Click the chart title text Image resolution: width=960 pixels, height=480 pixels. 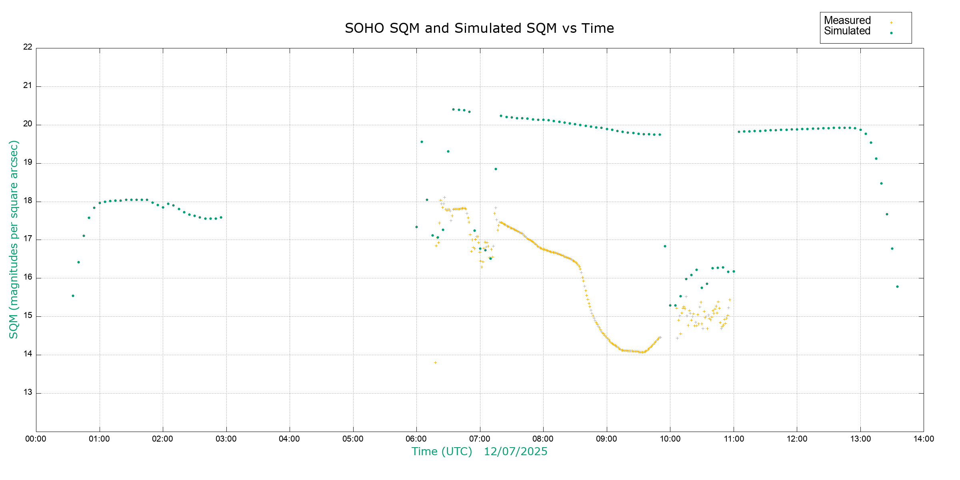click(x=479, y=28)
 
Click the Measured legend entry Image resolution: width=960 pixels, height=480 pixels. click(x=847, y=20)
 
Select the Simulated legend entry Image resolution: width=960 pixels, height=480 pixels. click(x=847, y=31)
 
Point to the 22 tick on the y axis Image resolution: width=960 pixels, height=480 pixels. click(x=28, y=47)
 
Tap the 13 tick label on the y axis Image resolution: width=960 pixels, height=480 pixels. click(x=28, y=392)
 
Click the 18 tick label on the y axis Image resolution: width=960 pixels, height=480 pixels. click(x=28, y=201)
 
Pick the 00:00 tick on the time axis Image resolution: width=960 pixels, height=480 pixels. click(x=36, y=439)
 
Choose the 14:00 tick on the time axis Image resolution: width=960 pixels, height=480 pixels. click(x=924, y=439)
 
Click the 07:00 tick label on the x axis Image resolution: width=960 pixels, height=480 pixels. click(x=480, y=439)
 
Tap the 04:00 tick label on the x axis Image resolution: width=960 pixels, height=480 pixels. click(x=290, y=439)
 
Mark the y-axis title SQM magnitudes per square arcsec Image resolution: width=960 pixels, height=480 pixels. click(x=14, y=239)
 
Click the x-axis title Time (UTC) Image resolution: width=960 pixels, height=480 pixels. click(x=442, y=452)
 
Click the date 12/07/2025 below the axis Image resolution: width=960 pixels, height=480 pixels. click(x=516, y=452)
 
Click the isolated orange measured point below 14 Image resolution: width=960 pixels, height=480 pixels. click(x=435, y=363)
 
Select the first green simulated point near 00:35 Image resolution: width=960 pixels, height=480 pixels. click(x=73, y=296)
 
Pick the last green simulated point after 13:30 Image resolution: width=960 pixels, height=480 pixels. click(x=897, y=287)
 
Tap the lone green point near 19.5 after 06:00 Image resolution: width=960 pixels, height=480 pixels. click(x=422, y=142)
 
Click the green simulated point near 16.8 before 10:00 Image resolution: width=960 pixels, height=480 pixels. click(x=665, y=246)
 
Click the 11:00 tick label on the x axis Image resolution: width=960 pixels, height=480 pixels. click(x=734, y=439)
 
